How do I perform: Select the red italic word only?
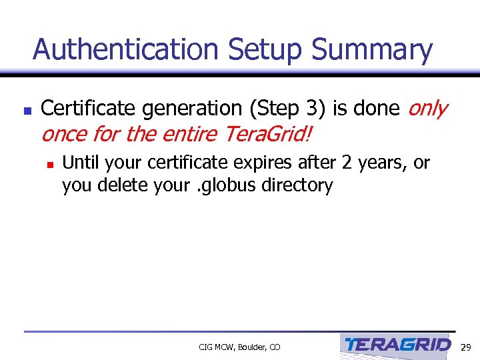click(427, 108)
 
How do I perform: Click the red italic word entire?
click(190, 134)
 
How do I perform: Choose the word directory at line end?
click(299, 185)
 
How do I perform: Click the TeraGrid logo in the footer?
click(398, 345)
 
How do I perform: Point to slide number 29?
click(466, 347)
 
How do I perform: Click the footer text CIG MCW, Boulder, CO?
click(239, 347)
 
